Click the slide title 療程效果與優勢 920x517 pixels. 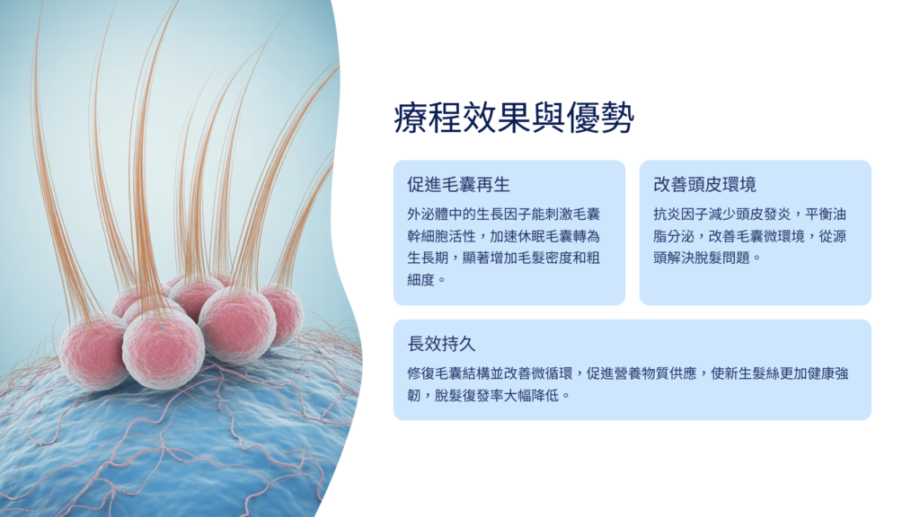514,118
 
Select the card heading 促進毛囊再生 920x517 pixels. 459,185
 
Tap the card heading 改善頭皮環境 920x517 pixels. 704,185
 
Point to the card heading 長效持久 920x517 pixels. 441,344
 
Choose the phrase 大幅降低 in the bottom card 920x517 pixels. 531,396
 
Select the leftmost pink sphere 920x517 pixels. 93,353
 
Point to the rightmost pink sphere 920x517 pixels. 283,313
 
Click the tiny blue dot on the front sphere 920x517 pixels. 162,329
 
